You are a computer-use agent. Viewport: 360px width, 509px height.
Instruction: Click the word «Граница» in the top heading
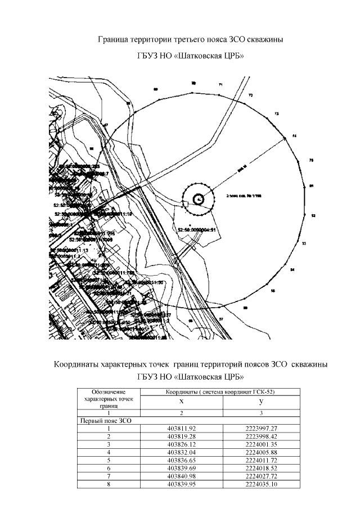tap(114, 40)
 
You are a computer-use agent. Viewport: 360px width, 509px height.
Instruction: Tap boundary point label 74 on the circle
tap(294, 136)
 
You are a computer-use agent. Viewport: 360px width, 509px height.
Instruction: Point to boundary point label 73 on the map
tap(276, 114)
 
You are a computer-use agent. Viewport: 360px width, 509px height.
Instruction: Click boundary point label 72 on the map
tap(250, 96)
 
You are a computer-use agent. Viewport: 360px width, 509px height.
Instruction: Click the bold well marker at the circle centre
tap(199, 199)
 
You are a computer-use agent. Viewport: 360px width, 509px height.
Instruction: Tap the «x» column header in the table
tap(181, 402)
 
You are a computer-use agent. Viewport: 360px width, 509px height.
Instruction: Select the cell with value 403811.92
tap(181, 428)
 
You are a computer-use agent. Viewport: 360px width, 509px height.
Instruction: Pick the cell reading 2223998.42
tap(262, 436)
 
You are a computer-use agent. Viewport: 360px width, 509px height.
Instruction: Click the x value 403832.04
tap(181, 452)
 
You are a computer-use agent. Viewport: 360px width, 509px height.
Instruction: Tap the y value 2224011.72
tap(262, 460)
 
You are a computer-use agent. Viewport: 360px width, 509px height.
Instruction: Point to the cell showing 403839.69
tap(181, 467)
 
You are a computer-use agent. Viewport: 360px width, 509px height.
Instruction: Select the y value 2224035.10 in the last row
tap(262, 483)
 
